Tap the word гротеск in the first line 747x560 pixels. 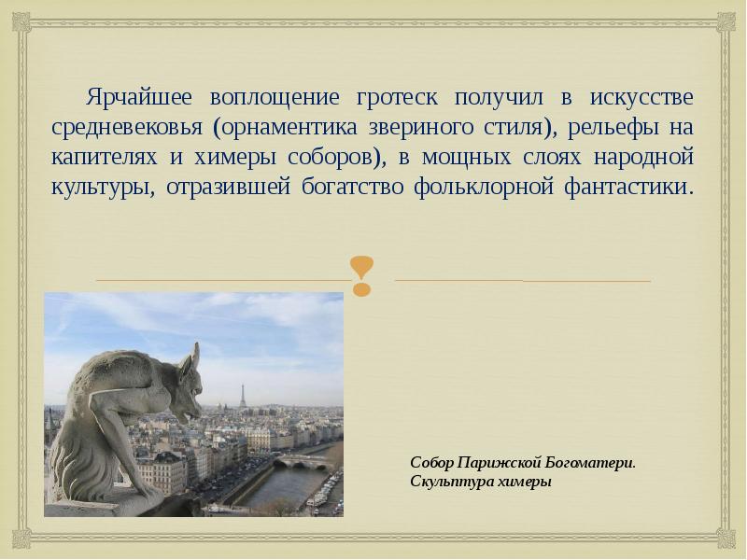tap(389, 97)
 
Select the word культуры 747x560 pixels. tap(100, 185)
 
